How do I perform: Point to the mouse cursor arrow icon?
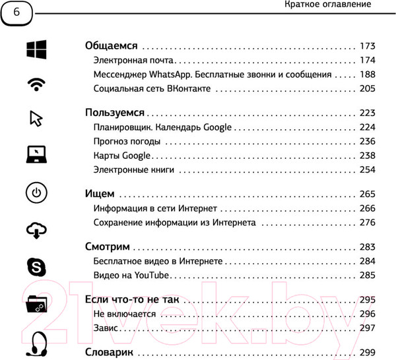(36, 118)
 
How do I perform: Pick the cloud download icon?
(36, 229)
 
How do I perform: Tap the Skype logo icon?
(36, 266)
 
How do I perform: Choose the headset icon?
(36, 342)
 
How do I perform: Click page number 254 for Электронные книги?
(367, 170)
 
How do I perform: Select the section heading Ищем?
(100, 195)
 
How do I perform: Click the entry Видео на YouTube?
(132, 275)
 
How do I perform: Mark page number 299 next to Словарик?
(367, 352)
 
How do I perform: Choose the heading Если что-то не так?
(133, 300)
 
